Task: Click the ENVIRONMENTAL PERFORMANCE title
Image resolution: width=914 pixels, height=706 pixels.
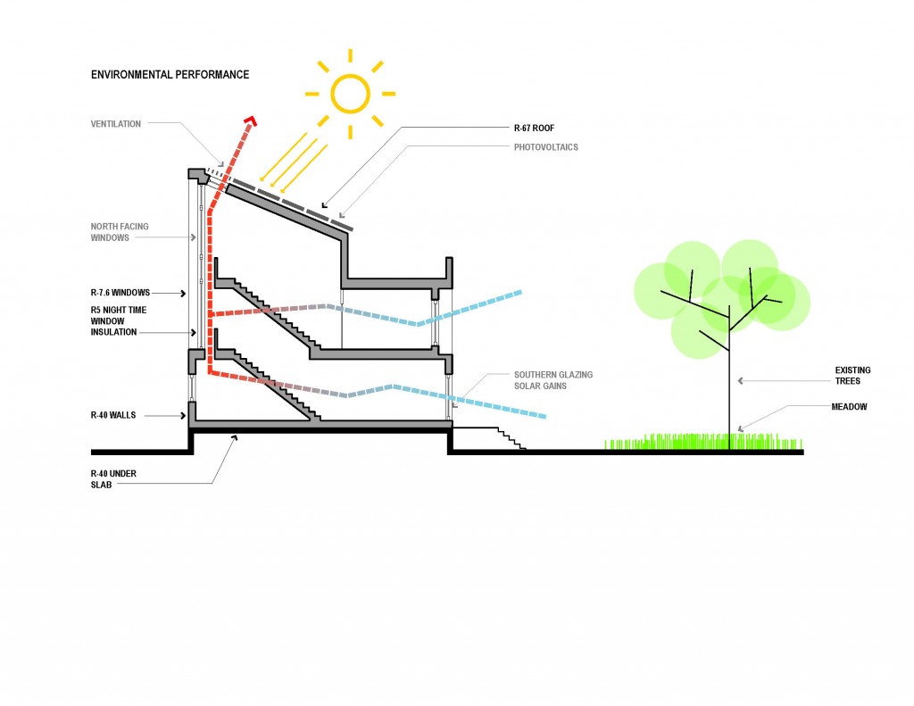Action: [x=170, y=74]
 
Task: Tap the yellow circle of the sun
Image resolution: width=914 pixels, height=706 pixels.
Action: [x=350, y=92]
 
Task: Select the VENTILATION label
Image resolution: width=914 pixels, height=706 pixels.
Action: [x=116, y=124]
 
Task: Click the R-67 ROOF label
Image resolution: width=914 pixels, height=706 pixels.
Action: [x=535, y=129]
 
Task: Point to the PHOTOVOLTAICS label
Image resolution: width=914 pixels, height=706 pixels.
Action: [x=545, y=146]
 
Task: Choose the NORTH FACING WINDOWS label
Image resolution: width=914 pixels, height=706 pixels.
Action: [x=120, y=232]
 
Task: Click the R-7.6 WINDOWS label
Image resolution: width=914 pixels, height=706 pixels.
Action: [x=120, y=292]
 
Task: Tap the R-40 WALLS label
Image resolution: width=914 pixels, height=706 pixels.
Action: [x=112, y=415]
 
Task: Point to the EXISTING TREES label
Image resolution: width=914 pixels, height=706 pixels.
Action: [x=853, y=375]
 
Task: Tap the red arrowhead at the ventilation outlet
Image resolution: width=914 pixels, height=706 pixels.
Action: [x=253, y=119]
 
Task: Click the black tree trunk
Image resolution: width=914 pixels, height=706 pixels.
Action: [x=730, y=384]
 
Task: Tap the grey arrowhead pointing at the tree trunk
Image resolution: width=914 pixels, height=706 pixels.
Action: [x=741, y=381]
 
